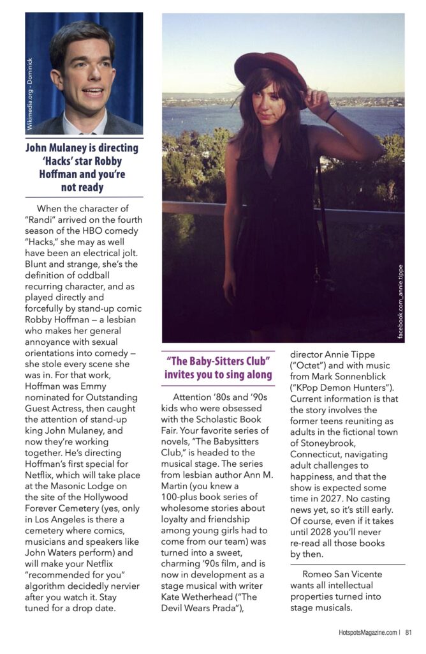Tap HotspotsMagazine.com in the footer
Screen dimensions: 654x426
coord(367,632)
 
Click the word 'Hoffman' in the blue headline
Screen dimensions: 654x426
coord(47,173)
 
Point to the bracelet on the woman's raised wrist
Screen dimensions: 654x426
coord(330,116)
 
